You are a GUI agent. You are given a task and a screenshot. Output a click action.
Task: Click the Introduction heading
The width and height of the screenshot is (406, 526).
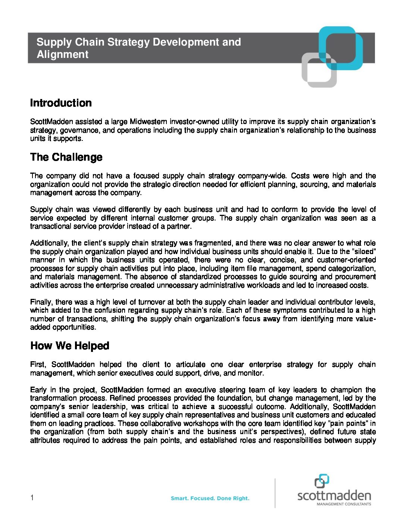click(x=61, y=103)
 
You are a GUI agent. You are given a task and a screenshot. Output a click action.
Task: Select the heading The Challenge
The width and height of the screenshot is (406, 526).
click(x=66, y=157)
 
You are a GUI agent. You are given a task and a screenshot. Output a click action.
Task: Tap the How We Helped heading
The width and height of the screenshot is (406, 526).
click(x=69, y=346)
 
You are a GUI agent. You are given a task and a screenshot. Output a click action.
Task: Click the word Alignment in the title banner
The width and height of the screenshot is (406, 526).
click(x=62, y=55)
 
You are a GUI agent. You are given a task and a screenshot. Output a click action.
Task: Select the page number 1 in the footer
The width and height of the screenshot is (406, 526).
click(x=32, y=498)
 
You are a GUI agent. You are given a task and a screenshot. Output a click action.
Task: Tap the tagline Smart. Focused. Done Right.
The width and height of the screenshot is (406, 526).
click(x=210, y=498)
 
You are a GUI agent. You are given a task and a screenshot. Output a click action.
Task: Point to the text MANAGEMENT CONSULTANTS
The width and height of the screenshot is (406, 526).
click(x=344, y=504)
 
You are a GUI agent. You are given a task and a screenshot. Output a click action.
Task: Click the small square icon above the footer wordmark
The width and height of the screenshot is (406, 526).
click(x=321, y=481)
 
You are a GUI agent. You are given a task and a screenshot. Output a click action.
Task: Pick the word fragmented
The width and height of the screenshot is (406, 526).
click(x=213, y=243)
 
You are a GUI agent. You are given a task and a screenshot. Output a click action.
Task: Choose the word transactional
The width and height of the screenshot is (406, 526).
click(x=50, y=226)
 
